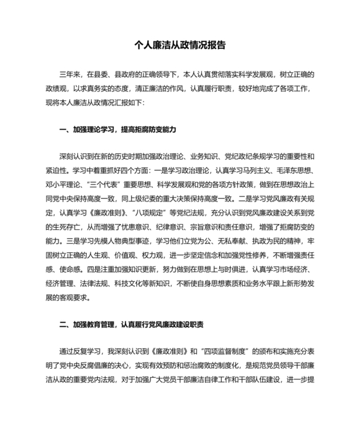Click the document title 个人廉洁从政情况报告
tap(179, 46)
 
